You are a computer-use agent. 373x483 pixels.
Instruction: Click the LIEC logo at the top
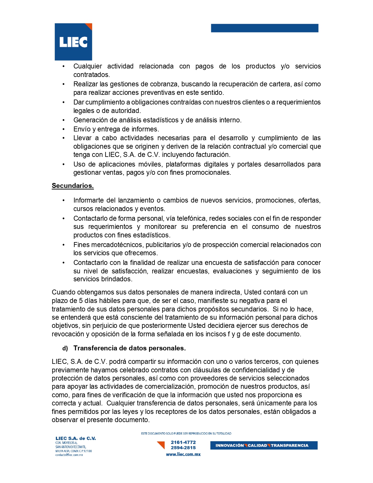point(73,42)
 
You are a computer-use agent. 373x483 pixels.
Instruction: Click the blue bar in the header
point(264,28)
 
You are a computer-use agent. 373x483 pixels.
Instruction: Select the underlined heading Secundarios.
point(73,186)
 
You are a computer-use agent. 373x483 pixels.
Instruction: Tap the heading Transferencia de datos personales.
point(129,348)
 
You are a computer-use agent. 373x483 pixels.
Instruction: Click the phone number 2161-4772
point(183,442)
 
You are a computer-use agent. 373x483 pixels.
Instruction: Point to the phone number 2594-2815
point(183,448)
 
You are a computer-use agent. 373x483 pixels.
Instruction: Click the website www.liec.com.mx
point(183,454)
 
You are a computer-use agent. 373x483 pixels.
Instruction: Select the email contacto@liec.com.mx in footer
point(69,455)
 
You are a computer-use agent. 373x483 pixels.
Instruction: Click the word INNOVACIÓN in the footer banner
point(229,446)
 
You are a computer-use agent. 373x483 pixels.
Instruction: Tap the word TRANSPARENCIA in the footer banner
point(289,446)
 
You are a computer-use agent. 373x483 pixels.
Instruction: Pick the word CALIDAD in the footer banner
point(257,446)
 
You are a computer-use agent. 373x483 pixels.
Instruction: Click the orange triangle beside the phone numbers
point(161,445)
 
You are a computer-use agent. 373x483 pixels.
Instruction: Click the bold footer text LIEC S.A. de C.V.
point(75,438)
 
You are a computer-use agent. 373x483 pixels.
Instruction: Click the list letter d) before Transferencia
point(65,348)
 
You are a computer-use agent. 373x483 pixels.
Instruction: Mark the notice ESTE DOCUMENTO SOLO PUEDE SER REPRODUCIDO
point(186,434)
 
